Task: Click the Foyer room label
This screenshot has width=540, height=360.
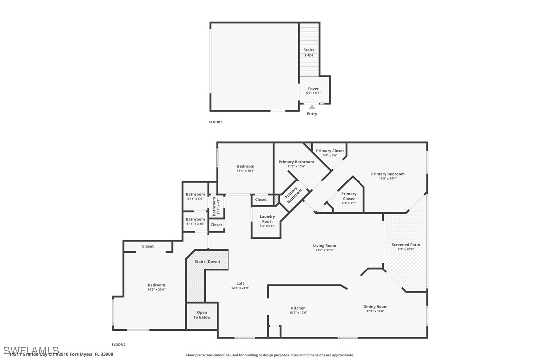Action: pyautogui.click(x=313, y=89)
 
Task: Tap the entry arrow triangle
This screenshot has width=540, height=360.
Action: pyautogui.click(x=312, y=107)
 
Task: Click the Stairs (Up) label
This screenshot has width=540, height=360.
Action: pyautogui.click(x=309, y=52)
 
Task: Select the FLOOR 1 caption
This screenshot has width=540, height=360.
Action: pyautogui.click(x=216, y=122)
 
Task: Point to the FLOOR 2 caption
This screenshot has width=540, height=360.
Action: pyautogui.click(x=118, y=344)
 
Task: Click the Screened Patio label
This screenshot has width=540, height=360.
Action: pyautogui.click(x=406, y=245)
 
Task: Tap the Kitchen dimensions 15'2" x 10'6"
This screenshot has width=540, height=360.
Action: pyautogui.click(x=298, y=313)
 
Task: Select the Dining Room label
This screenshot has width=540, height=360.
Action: pyautogui.click(x=375, y=307)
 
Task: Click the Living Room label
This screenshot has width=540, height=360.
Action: pyautogui.click(x=324, y=245)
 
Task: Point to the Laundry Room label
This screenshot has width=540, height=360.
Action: pyautogui.click(x=267, y=219)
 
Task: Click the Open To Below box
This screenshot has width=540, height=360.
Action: pyautogui.click(x=202, y=315)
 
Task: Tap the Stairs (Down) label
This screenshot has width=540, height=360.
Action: pyautogui.click(x=207, y=261)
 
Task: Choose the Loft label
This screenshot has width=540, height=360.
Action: pyautogui.click(x=240, y=283)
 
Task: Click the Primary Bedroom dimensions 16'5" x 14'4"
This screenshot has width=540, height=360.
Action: pyautogui.click(x=388, y=178)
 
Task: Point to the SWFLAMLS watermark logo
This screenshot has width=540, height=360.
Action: pyautogui.click(x=30, y=350)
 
